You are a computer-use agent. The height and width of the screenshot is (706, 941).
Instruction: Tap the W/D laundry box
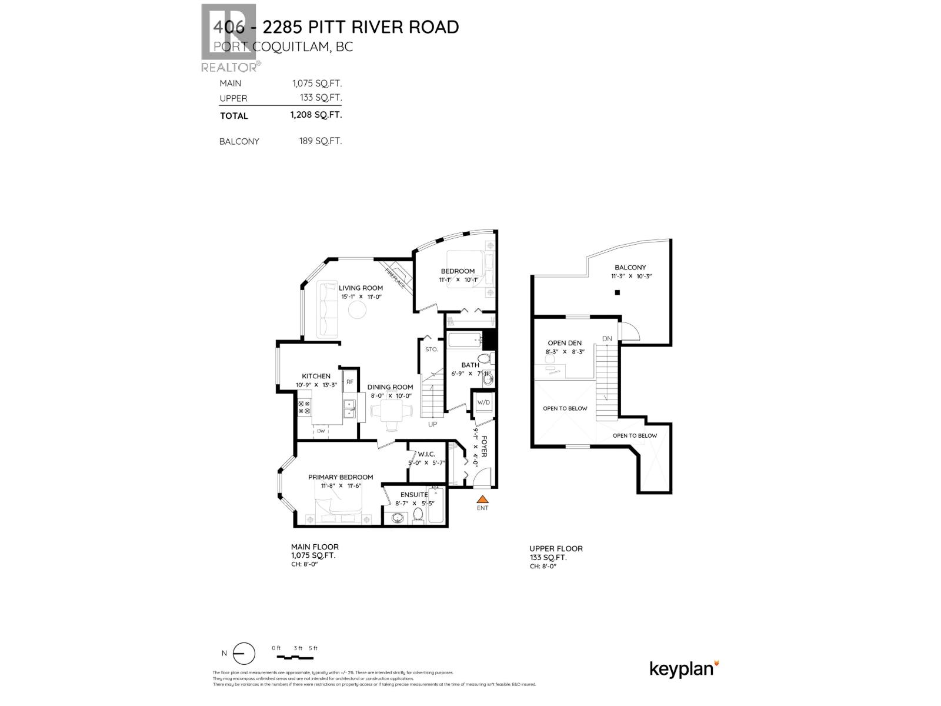pyautogui.click(x=483, y=402)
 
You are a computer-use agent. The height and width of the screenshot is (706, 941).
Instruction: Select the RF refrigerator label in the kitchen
pyautogui.click(x=349, y=382)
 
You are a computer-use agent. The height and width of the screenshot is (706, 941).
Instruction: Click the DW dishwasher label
pyautogui.click(x=321, y=431)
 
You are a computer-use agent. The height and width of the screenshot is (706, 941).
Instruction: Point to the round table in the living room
pyautogui.click(x=357, y=310)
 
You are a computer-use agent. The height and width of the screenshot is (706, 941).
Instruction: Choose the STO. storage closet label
pyautogui.click(x=432, y=349)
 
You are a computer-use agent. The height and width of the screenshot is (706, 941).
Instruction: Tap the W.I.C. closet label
pyautogui.click(x=426, y=454)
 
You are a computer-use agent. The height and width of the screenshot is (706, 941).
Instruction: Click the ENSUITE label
pyautogui.click(x=414, y=495)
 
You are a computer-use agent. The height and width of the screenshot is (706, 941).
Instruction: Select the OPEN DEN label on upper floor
pyautogui.click(x=565, y=343)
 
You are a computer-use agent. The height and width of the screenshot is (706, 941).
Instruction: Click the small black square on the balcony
pyautogui.click(x=617, y=293)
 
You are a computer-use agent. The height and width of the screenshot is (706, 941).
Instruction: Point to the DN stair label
pyautogui.click(x=607, y=338)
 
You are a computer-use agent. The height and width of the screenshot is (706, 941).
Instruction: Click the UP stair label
pyautogui.click(x=433, y=424)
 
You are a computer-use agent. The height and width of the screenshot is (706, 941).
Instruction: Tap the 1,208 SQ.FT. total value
pyautogui.click(x=316, y=115)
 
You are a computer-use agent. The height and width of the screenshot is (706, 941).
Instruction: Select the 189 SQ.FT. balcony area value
pyautogui.click(x=320, y=141)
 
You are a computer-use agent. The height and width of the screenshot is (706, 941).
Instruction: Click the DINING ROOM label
pyautogui.click(x=390, y=387)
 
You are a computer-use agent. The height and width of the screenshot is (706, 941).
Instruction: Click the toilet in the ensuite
pyautogui.click(x=418, y=514)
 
